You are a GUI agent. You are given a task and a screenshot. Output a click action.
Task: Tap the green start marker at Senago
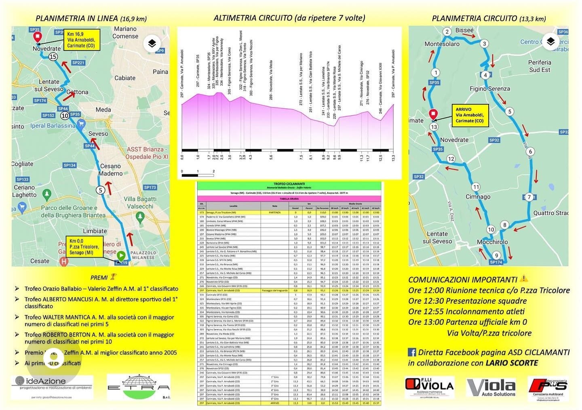pyautogui.click(x=121, y=256)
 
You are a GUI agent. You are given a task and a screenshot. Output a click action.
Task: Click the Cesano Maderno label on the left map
pyautogui.click(x=111, y=170)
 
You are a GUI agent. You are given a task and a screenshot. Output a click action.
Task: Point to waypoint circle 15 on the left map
pyautogui.click(x=53, y=57)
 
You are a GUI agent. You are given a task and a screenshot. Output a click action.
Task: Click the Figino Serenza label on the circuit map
pyautogui.click(x=489, y=89)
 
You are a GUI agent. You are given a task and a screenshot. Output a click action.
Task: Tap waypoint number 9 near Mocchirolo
pyautogui.click(x=497, y=255)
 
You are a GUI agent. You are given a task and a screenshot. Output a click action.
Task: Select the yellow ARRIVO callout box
pyautogui.click(x=470, y=115)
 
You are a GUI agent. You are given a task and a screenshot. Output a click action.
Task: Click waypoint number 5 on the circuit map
pyautogui.click(x=510, y=112)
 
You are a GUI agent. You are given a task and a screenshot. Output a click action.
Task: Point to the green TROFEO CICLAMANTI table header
pyautogui.click(x=289, y=186)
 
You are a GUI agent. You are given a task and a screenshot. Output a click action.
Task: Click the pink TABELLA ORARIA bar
pyautogui.click(x=289, y=199)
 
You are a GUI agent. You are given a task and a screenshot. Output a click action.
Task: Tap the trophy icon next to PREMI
pyautogui.click(x=113, y=277)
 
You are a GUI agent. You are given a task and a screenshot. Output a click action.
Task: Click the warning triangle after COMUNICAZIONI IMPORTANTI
pyautogui.click(x=524, y=279)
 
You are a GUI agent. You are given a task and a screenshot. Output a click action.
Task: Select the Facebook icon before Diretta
pyautogui.click(x=412, y=352)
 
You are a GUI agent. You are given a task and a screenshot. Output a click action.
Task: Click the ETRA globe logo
pyautogui.click(x=138, y=387)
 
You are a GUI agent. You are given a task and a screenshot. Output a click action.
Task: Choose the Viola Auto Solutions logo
pyautogui.click(x=491, y=387)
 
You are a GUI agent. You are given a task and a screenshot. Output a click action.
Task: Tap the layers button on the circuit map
pyautogui.click(x=550, y=42)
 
